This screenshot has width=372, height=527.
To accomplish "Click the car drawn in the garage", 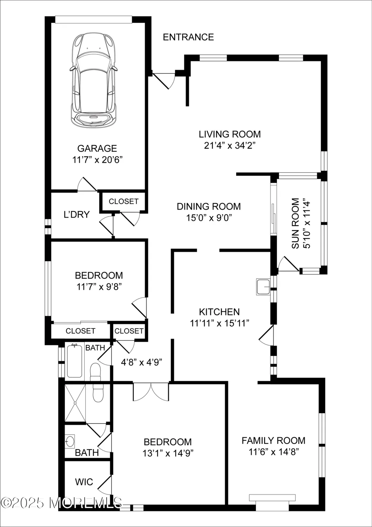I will click(93, 80).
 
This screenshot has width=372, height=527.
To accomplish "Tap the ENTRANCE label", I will click(188, 37).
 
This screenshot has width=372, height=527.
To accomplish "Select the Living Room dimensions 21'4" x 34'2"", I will click(230, 145).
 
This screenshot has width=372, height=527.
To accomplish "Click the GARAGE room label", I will click(97, 148).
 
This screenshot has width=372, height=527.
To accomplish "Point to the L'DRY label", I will click(77, 215).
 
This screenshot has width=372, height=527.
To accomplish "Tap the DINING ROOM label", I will click(208, 206).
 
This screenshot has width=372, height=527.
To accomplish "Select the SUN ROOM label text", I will click(296, 223).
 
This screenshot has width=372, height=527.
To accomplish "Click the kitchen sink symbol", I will click(263, 286).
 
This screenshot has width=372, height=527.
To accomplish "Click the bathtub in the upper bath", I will click(74, 362).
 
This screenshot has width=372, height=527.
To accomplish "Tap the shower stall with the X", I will click(75, 403).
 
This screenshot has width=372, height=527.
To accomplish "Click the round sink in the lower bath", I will click(70, 441).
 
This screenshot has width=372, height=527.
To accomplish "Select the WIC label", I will click(84, 482).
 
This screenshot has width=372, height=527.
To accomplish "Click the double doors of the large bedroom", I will click(151, 392).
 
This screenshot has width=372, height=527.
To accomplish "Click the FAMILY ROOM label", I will click(273, 441).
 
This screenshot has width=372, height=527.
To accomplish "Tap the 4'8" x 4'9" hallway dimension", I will click(141, 362).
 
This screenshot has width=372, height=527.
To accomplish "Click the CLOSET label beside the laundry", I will click(124, 201).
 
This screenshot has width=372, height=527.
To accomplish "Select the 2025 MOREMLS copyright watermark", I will click(61, 503).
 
